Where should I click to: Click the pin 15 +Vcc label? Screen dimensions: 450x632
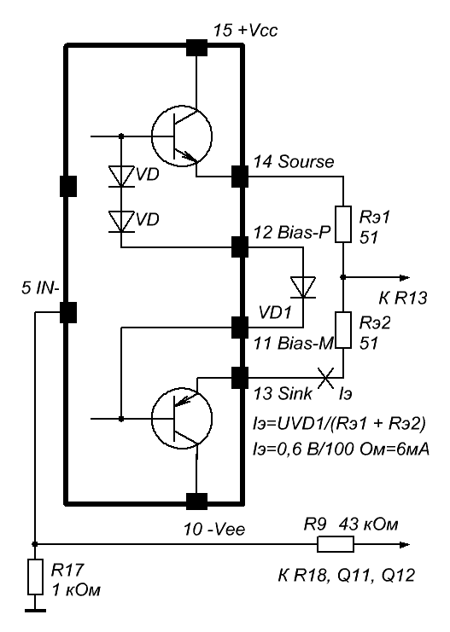pyautogui.click(x=245, y=30)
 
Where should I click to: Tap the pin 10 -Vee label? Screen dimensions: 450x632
pyautogui.click(x=214, y=529)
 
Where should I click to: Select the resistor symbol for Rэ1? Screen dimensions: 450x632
pyautogui.click(x=343, y=224)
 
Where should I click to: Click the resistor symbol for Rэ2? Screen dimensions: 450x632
pyautogui.click(x=343, y=330)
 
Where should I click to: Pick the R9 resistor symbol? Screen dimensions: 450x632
pyautogui.click(x=336, y=544)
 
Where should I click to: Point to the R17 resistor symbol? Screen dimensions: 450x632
pyautogui.click(x=35, y=577)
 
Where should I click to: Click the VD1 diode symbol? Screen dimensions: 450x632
pyautogui.click(x=303, y=287)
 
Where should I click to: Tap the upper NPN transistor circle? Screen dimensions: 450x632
pyautogui.click(x=182, y=136)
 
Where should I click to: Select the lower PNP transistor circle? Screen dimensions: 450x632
pyautogui.click(x=182, y=419)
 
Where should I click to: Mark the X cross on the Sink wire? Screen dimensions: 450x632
pyautogui.click(x=326, y=378)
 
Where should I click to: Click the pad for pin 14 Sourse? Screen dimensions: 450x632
pyautogui.click(x=240, y=177)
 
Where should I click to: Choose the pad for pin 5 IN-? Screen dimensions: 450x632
pyautogui.click(x=68, y=312)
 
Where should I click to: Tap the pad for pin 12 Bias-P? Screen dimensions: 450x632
pyautogui.click(x=240, y=247)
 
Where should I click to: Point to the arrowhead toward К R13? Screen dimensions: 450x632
pyautogui.click(x=405, y=277)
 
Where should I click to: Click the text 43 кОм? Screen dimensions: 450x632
pyautogui.click(x=369, y=525)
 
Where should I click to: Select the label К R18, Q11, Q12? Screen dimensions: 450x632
pyautogui.click(x=347, y=575)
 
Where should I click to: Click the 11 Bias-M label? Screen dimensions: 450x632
pyautogui.click(x=294, y=343)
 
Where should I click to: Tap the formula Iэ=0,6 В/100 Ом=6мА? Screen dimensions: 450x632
pyautogui.click(x=341, y=449)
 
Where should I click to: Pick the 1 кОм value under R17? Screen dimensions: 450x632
pyautogui.click(x=76, y=590)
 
